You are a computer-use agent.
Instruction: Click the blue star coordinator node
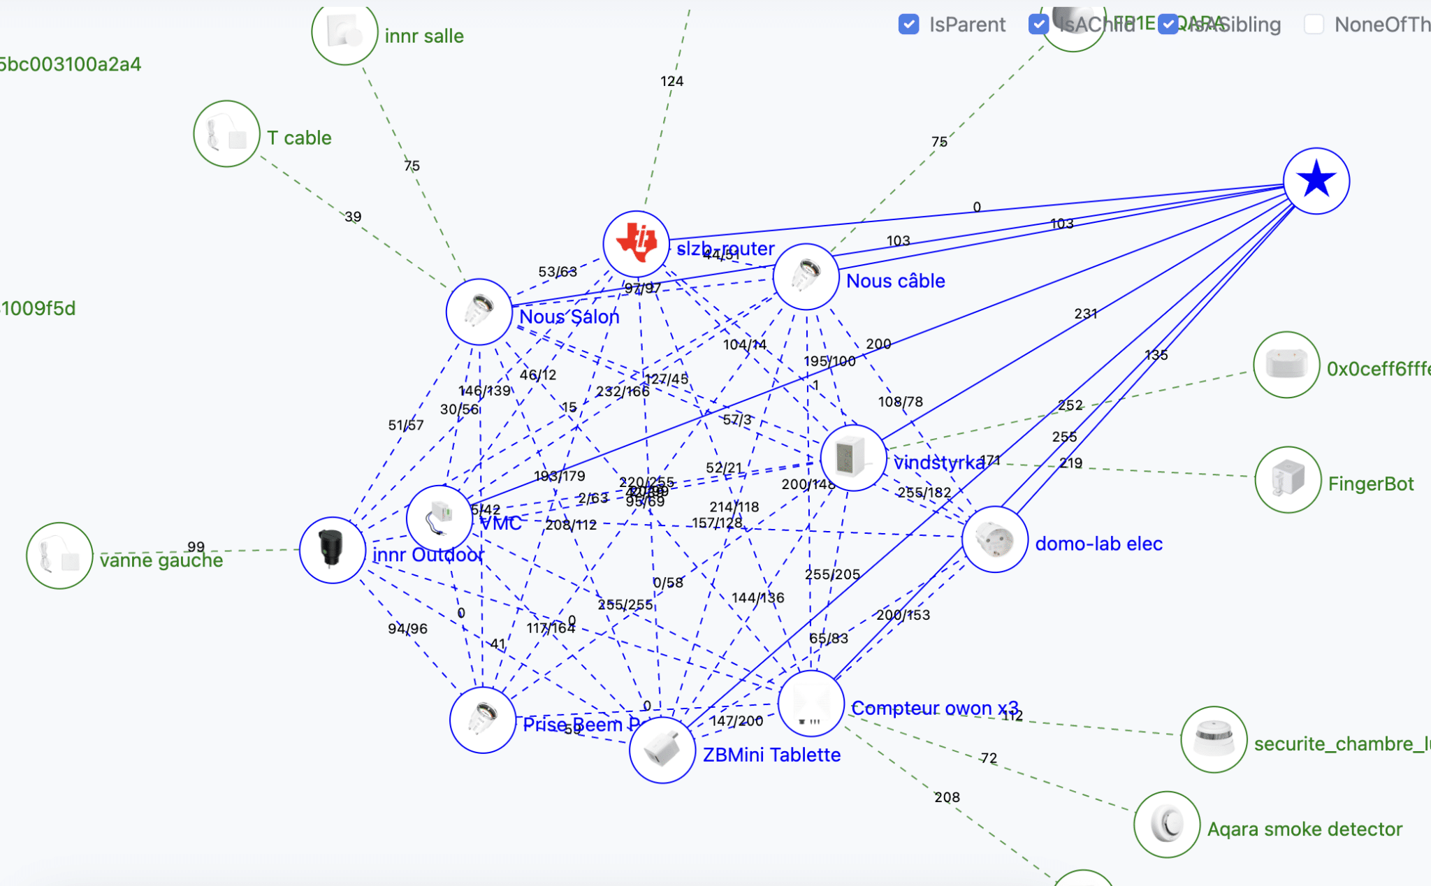tap(1316, 181)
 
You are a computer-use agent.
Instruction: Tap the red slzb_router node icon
tap(636, 243)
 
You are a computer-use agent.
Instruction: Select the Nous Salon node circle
tap(479, 312)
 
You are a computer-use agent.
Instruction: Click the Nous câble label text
tap(895, 281)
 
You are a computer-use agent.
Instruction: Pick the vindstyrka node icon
tap(853, 458)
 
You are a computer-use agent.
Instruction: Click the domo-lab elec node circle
tap(994, 539)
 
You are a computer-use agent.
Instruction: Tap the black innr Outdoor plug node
tap(332, 550)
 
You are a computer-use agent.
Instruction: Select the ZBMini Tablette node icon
tap(662, 750)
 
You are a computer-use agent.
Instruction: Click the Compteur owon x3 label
tap(934, 708)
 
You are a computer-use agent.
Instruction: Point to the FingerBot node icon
tap(1288, 480)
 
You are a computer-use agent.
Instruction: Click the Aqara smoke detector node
tap(1167, 825)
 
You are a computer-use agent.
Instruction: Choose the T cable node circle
tap(226, 133)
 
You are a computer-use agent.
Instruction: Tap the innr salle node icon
tap(344, 33)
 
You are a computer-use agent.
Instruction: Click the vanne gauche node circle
tap(59, 555)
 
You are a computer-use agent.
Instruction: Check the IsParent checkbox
tap(908, 24)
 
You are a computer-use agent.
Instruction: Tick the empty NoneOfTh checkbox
tap(1314, 24)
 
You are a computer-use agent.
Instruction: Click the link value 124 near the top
tap(671, 81)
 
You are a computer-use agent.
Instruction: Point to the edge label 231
tap(1085, 314)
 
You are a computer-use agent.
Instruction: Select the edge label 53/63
tap(558, 272)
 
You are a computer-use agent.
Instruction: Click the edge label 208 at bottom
tap(947, 797)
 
